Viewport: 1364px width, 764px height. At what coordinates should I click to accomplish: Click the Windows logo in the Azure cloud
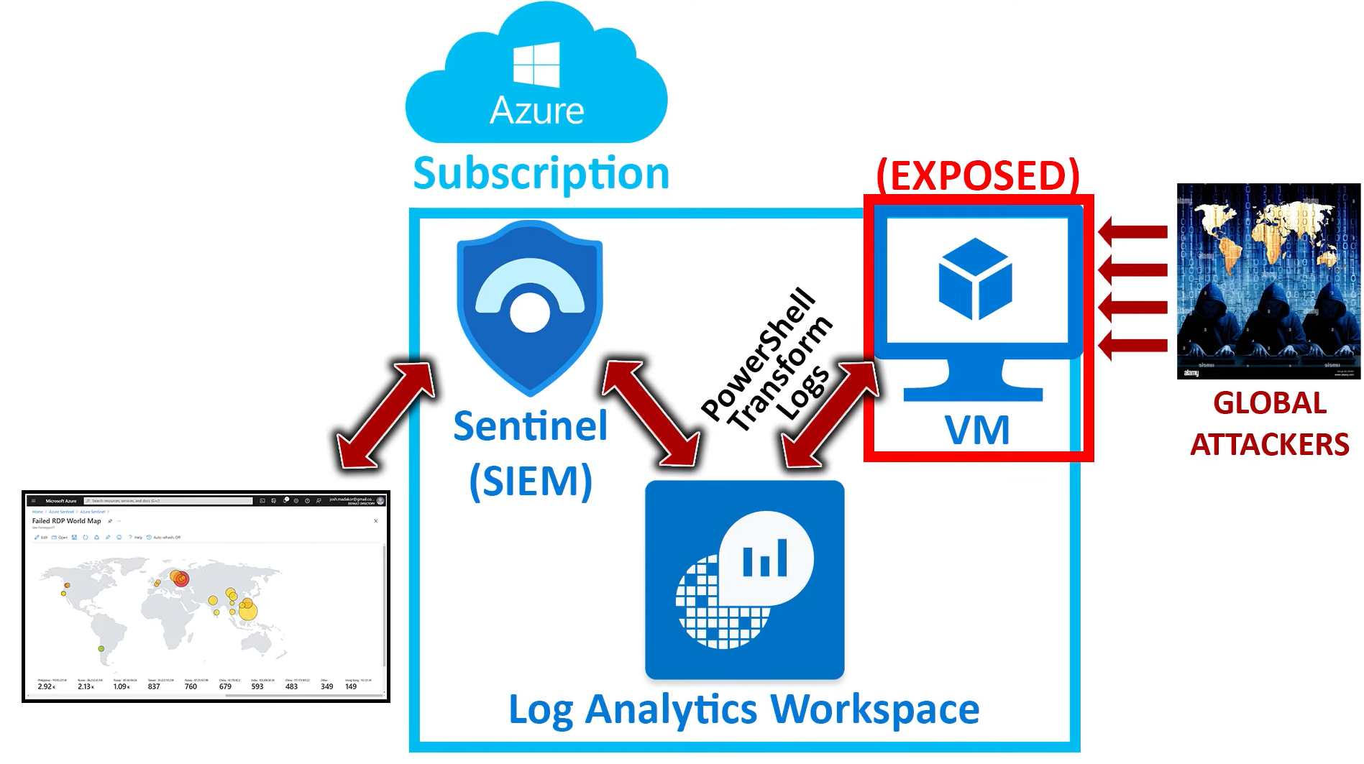coord(536,64)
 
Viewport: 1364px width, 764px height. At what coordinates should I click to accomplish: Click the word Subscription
coord(541,173)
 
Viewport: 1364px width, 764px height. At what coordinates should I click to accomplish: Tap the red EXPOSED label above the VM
coord(978,175)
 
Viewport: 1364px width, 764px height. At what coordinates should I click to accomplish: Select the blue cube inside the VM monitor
coord(975,279)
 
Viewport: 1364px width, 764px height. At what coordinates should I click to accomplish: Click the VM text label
coord(976,430)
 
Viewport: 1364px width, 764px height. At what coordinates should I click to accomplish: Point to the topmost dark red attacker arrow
coord(1132,231)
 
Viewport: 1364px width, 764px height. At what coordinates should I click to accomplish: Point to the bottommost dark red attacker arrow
coord(1132,345)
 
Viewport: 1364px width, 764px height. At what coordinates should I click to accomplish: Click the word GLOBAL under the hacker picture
coord(1269,403)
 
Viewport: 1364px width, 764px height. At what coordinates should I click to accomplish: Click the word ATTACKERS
coord(1269,445)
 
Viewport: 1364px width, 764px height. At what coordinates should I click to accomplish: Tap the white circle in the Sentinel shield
coord(530,313)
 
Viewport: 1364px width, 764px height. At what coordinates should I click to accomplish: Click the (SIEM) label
coord(531,481)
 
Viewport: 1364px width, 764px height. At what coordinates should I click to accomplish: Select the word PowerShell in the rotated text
coord(759,353)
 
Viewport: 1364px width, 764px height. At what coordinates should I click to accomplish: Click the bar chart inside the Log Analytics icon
coord(765,559)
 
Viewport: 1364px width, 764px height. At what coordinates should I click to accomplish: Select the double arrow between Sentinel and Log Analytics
coord(651,414)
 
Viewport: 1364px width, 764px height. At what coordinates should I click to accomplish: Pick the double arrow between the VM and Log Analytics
coord(830,415)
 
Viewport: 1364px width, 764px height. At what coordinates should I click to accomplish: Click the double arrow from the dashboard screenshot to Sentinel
coord(385,415)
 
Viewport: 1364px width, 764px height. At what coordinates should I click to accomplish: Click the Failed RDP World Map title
coord(66,521)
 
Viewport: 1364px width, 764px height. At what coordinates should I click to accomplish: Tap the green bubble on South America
coord(101,649)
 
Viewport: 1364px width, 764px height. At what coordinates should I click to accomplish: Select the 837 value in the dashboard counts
coord(154,686)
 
